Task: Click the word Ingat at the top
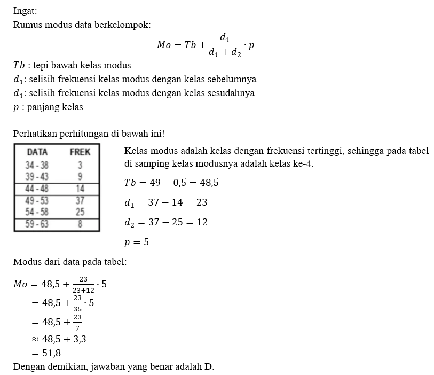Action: click(26, 11)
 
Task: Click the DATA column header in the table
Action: click(37, 152)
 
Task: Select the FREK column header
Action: click(80, 152)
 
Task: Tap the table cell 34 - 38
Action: click(37, 165)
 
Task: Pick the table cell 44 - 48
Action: click(37, 189)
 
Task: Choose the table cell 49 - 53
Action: click(37, 201)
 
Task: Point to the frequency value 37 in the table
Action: click(80, 201)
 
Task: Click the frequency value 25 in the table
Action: click(80, 212)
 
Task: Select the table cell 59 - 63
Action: click(37, 224)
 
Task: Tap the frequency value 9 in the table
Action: click(80, 176)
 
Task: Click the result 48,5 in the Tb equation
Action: click(208, 183)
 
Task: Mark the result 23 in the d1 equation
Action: click(201, 202)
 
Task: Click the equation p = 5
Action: click(136, 242)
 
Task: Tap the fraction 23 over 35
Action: click(77, 302)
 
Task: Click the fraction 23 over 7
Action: click(77, 321)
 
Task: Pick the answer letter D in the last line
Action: click(209, 366)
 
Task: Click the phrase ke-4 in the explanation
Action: click(303, 164)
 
